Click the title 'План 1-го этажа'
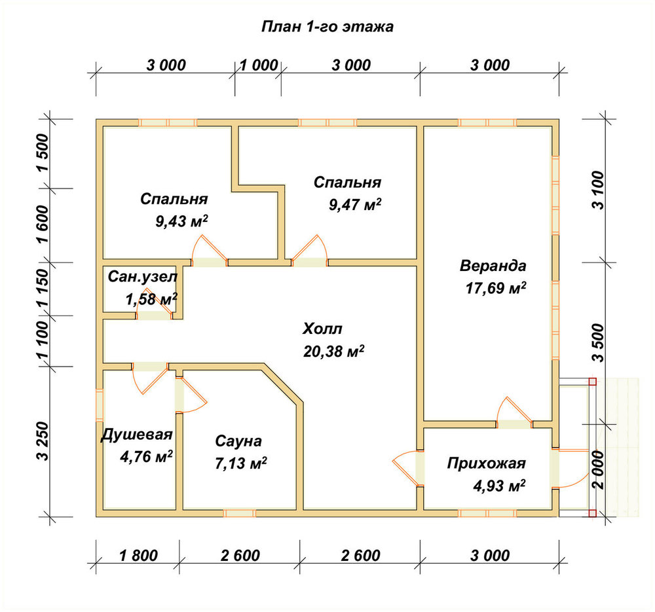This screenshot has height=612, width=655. click(x=327, y=27)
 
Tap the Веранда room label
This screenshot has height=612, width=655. click(x=493, y=266)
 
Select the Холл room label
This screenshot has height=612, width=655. click(x=322, y=329)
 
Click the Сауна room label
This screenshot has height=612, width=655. click(x=238, y=441)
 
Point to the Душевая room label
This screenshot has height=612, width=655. click(x=137, y=435)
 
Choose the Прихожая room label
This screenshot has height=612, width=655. click(x=486, y=463)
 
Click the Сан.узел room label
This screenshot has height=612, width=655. click(x=142, y=276)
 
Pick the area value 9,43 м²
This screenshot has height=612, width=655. click(x=181, y=221)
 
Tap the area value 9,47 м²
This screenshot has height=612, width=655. click(x=355, y=204)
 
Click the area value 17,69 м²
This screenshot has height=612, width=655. click(x=496, y=287)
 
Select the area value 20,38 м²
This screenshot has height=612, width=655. click(x=333, y=351)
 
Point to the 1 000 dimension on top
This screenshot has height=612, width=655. click(x=259, y=65)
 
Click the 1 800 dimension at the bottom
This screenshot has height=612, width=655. click(x=138, y=556)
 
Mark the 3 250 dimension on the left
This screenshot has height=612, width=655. click(x=43, y=441)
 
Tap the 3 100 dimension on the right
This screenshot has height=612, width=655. click(x=598, y=190)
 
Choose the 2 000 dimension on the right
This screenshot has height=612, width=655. click(x=598, y=470)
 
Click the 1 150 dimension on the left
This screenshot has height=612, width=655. click(x=43, y=289)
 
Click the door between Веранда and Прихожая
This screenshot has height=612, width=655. click(x=514, y=412)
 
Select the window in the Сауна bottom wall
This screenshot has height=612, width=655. click(x=239, y=513)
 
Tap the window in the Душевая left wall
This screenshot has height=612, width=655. click(x=100, y=405)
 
